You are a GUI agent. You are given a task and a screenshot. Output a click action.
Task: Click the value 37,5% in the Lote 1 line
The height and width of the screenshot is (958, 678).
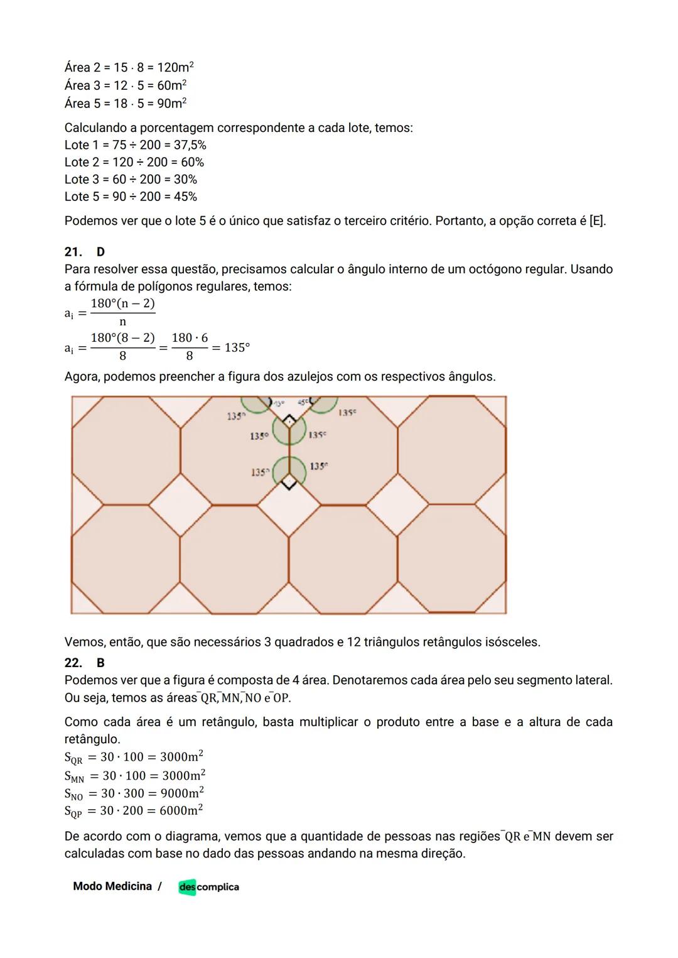pyautogui.click(x=190, y=145)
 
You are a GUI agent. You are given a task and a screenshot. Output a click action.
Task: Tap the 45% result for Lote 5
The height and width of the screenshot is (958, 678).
pyautogui.click(x=185, y=197)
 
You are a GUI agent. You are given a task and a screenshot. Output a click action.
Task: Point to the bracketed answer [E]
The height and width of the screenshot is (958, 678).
pyautogui.click(x=597, y=221)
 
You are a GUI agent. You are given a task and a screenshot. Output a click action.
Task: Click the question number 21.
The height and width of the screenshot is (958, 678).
pyautogui.click(x=73, y=252)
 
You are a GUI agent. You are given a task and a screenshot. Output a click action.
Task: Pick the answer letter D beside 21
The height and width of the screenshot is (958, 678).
pyautogui.click(x=100, y=252)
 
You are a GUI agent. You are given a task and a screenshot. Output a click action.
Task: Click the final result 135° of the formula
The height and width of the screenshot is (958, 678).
pyautogui.click(x=237, y=347)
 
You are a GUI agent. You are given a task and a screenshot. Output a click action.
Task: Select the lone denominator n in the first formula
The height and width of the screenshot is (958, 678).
pyautogui.click(x=122, y=322)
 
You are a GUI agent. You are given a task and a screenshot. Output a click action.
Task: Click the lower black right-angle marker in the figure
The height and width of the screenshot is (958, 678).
pyautogui.click(x=288, y=482)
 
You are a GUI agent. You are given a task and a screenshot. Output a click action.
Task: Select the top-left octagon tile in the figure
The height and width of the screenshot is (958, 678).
pyautogui.click(x=126, y=450)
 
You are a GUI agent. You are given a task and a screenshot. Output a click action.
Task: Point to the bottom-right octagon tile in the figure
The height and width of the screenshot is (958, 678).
pyautogui.click(x=451, y=558)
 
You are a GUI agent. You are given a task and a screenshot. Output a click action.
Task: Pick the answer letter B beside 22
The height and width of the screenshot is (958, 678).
pyautogui.click(x=100, y=663)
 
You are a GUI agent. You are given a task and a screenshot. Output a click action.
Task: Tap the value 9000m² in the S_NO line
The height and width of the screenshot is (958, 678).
pyautogui.click(x=183, y=793)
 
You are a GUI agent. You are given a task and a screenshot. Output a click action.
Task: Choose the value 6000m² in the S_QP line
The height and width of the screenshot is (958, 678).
pyautogui.click(x=181, y=810)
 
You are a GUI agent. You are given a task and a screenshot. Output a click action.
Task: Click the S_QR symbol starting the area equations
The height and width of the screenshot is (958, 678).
pyautogui.click(x=73, y=758)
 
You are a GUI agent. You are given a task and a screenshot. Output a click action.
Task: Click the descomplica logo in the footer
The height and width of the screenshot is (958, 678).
pyautogui.click(x=208, y=887)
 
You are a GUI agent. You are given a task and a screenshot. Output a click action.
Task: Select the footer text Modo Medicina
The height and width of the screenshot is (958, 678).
pyautogui.click(x=112, y=886)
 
